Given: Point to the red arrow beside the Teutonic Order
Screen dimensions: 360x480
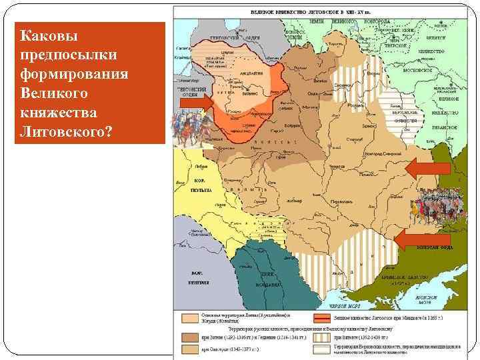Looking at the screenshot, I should pyautogui.click(x=196, y=103).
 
